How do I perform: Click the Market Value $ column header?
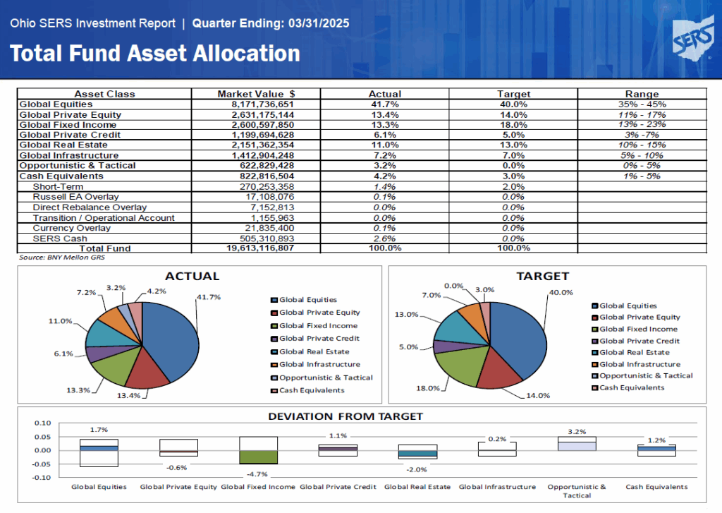[256, 94]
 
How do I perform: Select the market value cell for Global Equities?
[262, 104]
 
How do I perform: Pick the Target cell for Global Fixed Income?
[513, 125]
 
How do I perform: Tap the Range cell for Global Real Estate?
[642, 145]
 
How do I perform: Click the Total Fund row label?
[105, 248]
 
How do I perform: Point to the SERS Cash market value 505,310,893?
[267, 239]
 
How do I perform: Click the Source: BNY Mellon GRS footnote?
[62, 257]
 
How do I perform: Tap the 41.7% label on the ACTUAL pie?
[209, 297]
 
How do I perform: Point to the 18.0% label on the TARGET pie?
[428, 388]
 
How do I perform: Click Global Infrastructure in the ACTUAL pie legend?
[319, 364]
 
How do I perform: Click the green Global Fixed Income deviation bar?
[258, 457]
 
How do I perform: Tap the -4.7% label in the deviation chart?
[257, 473]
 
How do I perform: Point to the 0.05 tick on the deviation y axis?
[43, 437]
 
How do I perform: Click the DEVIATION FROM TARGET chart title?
[345, 416]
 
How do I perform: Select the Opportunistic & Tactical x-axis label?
[577, 491]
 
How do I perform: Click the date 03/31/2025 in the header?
[319, 23]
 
